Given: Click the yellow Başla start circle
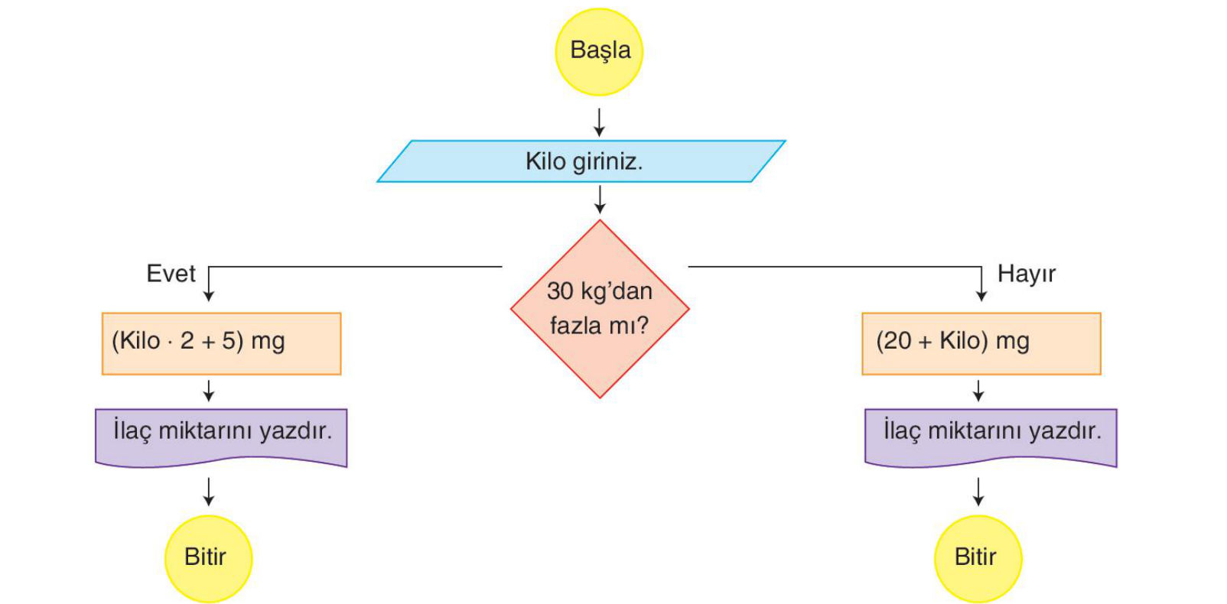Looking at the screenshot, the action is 599,52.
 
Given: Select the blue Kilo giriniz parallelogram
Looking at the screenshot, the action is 581,161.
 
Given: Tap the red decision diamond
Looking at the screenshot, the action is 600,309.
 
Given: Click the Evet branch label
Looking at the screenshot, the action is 171,273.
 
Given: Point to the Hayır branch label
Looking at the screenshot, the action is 1026,274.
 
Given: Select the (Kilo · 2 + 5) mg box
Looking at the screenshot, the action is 221,343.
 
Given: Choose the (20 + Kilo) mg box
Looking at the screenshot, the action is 981,343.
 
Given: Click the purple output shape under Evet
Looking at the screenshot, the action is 221,437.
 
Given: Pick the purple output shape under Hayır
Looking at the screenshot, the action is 991,437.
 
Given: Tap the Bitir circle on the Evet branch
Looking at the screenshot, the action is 208,559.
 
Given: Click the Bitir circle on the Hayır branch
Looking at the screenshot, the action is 978,559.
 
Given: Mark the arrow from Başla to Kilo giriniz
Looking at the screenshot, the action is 599,122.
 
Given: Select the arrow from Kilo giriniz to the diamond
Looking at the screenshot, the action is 600,200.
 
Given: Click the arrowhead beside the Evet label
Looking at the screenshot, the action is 208,296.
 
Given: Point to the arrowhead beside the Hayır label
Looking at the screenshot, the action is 981,296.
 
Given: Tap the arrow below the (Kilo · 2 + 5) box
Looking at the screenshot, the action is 208,391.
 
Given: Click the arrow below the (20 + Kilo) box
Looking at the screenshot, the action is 978,391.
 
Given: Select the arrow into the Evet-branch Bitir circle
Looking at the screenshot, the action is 208,492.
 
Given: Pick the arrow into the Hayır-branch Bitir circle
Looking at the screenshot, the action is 978,492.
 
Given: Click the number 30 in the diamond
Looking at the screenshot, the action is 560,291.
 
